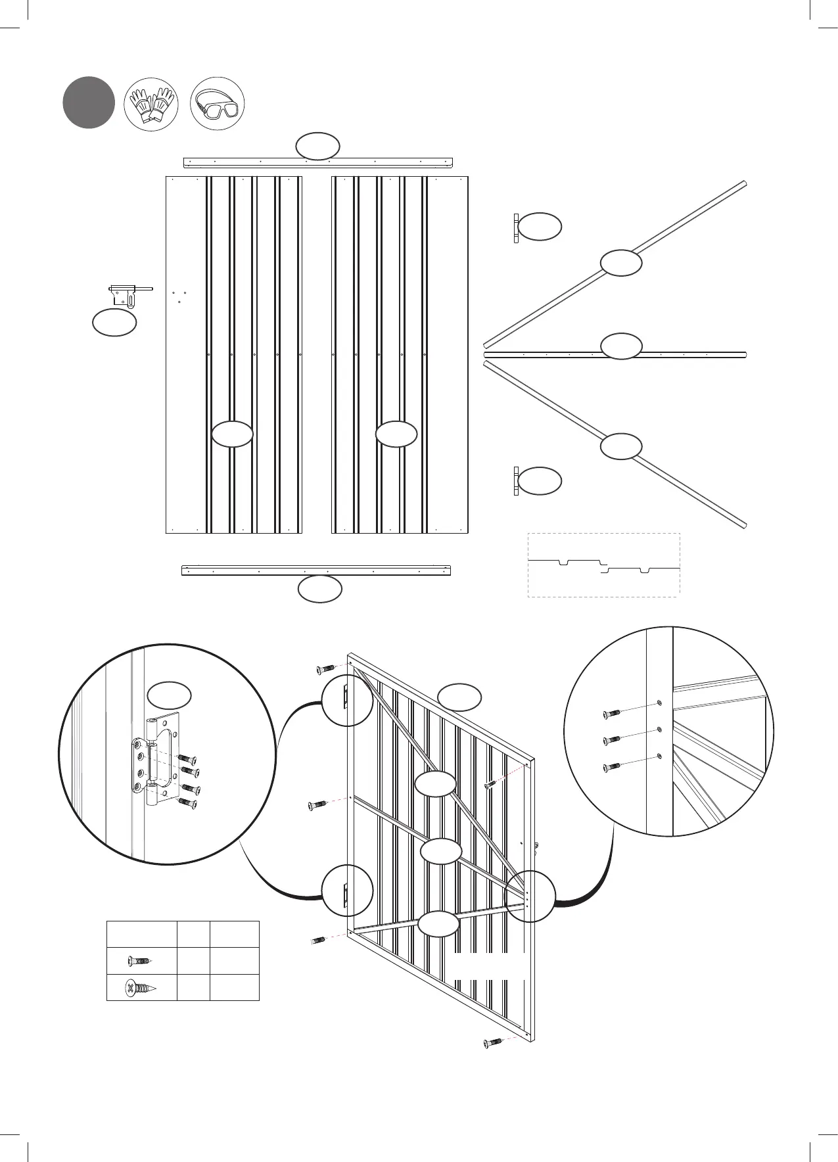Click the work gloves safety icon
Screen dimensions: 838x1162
pos(152,104)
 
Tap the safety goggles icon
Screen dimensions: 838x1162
pos(218,104)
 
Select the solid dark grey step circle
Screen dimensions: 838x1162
pos(89,103)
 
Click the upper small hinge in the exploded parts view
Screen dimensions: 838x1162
pos(516,228)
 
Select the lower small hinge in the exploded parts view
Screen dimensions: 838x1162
pos(516,480)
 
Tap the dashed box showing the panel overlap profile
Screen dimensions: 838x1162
pos(603,565)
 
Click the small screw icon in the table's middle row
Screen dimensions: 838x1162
pos(141,961)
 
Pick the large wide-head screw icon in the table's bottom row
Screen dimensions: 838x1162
pos(141,987)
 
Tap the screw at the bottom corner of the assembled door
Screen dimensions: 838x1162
pos(493,1042)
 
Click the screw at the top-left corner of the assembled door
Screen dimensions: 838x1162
pos(325,668)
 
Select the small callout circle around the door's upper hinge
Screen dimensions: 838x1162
pos(347,701)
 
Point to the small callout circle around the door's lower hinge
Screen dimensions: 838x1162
pos(347,891)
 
